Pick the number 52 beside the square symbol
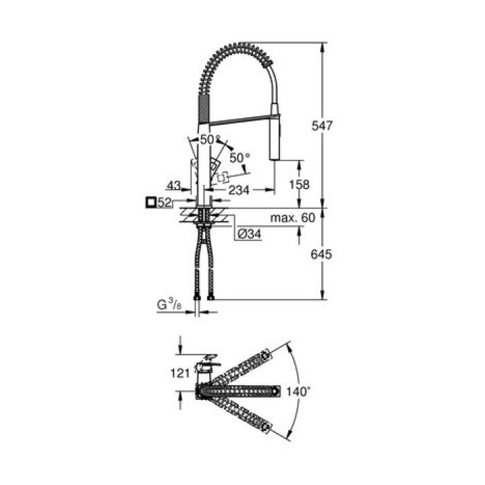pyautogui.click(x=165, y=202)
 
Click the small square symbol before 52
pyautogui.click(x=150, y=202)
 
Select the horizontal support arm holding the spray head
pyautogui.click(x=239, y=121)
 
